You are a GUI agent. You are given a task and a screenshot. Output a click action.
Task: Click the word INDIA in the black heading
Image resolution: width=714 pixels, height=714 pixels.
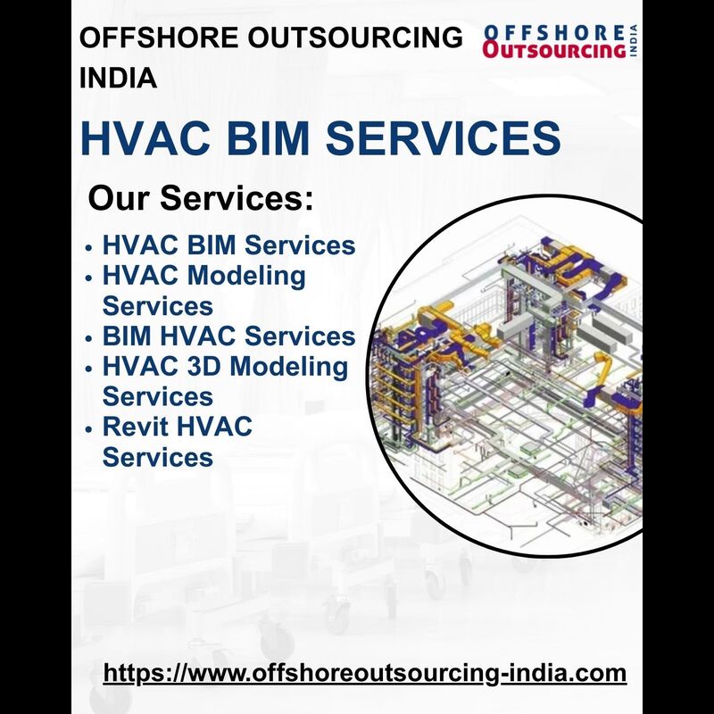tap(118, 78)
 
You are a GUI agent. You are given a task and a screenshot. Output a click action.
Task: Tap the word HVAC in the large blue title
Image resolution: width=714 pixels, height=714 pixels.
tap(145, 137)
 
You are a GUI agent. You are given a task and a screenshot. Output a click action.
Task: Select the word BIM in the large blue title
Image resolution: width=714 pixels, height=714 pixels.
tap(268, 137)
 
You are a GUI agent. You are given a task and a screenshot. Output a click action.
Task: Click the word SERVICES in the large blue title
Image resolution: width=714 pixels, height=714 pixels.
tap(443, 137)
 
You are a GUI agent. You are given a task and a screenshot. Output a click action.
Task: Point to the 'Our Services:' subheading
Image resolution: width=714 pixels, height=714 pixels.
tap(201, 198)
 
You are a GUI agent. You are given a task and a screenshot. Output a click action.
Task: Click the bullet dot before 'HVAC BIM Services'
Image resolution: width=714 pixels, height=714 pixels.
tap(88, 248)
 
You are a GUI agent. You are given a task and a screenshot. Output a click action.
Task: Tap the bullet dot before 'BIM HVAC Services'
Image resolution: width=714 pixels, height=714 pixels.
tap(88, 339)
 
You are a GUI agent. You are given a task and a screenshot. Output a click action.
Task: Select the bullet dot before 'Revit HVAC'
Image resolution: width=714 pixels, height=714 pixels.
tap(88, 429)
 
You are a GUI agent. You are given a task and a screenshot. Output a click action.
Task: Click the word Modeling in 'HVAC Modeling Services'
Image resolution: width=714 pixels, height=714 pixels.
tap(246, 278)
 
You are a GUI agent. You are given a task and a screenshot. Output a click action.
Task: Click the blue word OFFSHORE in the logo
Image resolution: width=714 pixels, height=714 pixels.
tap(554, 33)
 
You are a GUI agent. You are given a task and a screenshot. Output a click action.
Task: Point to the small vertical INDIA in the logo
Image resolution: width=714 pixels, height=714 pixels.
tap(634, 41)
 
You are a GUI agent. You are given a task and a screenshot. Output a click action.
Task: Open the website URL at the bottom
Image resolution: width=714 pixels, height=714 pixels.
tap(365, 674)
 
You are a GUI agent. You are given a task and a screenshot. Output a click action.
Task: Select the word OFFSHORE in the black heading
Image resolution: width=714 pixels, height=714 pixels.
tap(159, 37)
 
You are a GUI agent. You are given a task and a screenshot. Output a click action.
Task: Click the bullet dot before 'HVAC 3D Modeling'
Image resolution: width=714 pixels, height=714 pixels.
tap(88, 369)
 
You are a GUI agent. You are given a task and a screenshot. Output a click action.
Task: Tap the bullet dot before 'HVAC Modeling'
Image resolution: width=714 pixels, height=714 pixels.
tap(88, 278)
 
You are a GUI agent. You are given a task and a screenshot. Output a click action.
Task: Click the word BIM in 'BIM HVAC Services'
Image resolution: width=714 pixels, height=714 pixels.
tap(127, 336)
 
